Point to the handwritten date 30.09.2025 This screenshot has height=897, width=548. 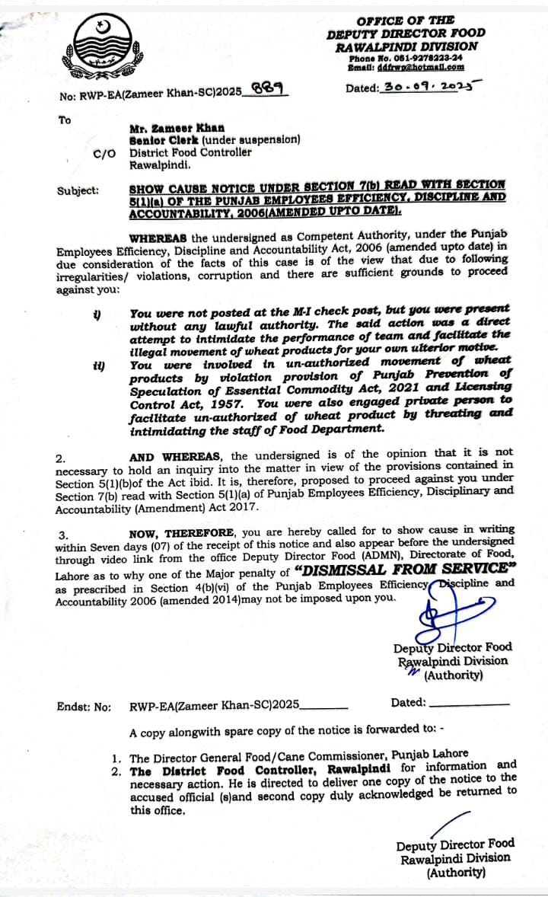click(428, 88)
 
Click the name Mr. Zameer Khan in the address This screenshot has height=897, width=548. click(177, 128)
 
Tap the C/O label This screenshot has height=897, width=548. click(104, 152)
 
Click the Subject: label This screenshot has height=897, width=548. click(78, 190)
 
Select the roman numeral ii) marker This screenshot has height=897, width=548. click(98, 366)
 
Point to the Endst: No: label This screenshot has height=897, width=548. click(84, 706)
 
